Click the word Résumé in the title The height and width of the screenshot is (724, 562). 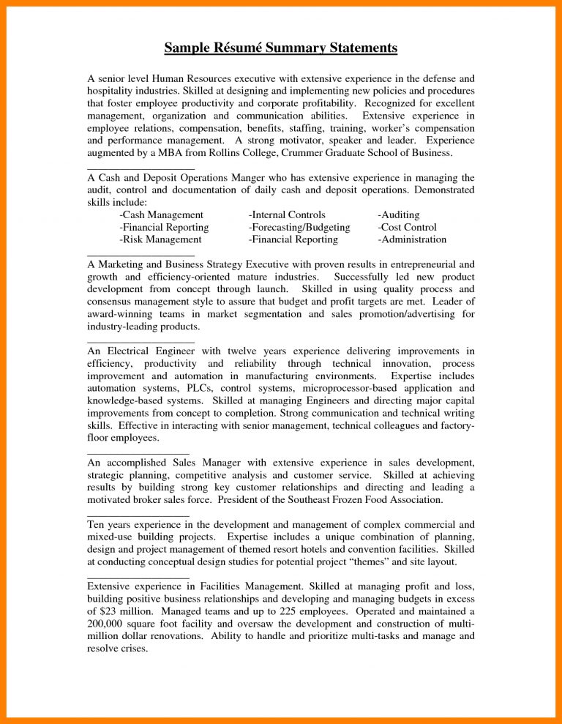[x=235, y=49]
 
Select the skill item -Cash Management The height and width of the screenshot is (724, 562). [x=161, y=214]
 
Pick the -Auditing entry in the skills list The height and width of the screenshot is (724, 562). [x=399, y=214]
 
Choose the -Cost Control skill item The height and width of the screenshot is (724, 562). [x=407, y=227]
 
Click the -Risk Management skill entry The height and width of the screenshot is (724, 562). [x=160, y=239]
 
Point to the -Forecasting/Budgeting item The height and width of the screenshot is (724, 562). [x=299, y=227]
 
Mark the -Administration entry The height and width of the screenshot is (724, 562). [x=412, y=239]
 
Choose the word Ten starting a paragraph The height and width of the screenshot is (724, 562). [x=97, y=524]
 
